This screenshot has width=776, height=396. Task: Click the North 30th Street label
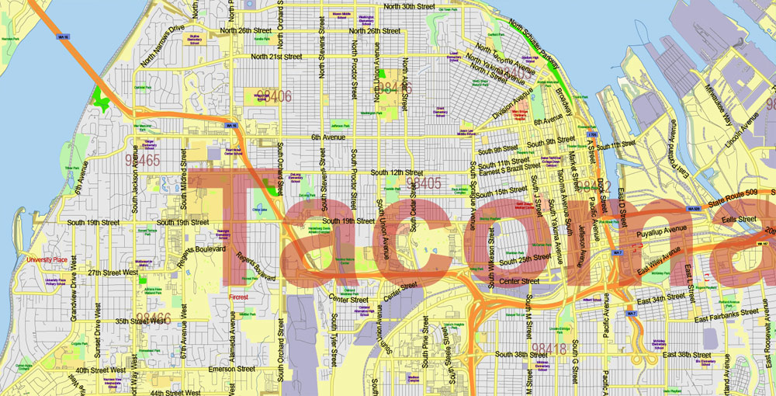pyautogui.click(x=410, y=6)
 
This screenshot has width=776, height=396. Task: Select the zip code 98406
pyautogui.click(x=274, y=96)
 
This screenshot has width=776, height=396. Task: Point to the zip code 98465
pyautogui.click(x=142, y=161)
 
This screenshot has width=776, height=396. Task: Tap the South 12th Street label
pyautogui.click(x=397, y=172)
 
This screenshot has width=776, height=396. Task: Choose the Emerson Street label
pyautogui.click(x=230, y=370)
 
